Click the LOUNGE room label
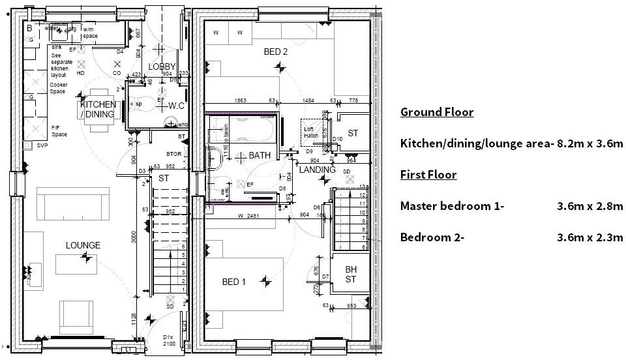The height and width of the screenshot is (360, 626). pyautogui.click(x=83, y=245)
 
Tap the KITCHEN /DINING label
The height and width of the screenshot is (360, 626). pyautogui.click(x=98, y=110)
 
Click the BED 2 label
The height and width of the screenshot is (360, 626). pyautogui.click(x=275, y=52)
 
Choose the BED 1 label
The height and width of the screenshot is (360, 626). pyautogui.click(x=234, y=282)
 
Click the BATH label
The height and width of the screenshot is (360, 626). pyautogui.click(x=260, y=156)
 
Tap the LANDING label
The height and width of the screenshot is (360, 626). pyautogui.click(x=317, y=170)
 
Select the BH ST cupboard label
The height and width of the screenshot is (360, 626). pyautogui.click(x=351, y=274)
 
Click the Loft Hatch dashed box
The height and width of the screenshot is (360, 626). pyautogui.click(x=311, y=132)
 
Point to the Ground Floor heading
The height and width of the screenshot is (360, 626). pyautogui.click(x=436, y=112)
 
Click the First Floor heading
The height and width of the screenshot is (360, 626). pyautogui.click(x=428, y=175)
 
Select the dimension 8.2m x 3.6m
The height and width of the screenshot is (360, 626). pyautogui.click(x=589, y=143)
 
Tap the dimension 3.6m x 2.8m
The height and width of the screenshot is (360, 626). pyautogui.click(x=589, y=206)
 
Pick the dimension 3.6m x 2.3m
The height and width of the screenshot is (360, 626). pyautogui.click(x=589, y=237)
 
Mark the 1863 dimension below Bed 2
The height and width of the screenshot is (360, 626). pyautogui.click(x=239, y=101)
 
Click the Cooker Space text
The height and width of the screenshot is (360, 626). pyautogui.click(x=59, y=88)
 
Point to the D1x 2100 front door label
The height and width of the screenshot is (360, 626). pyautogui.click(x=169, y=340)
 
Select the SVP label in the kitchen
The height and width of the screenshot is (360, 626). pyautogui.click(x=42, y=145)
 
